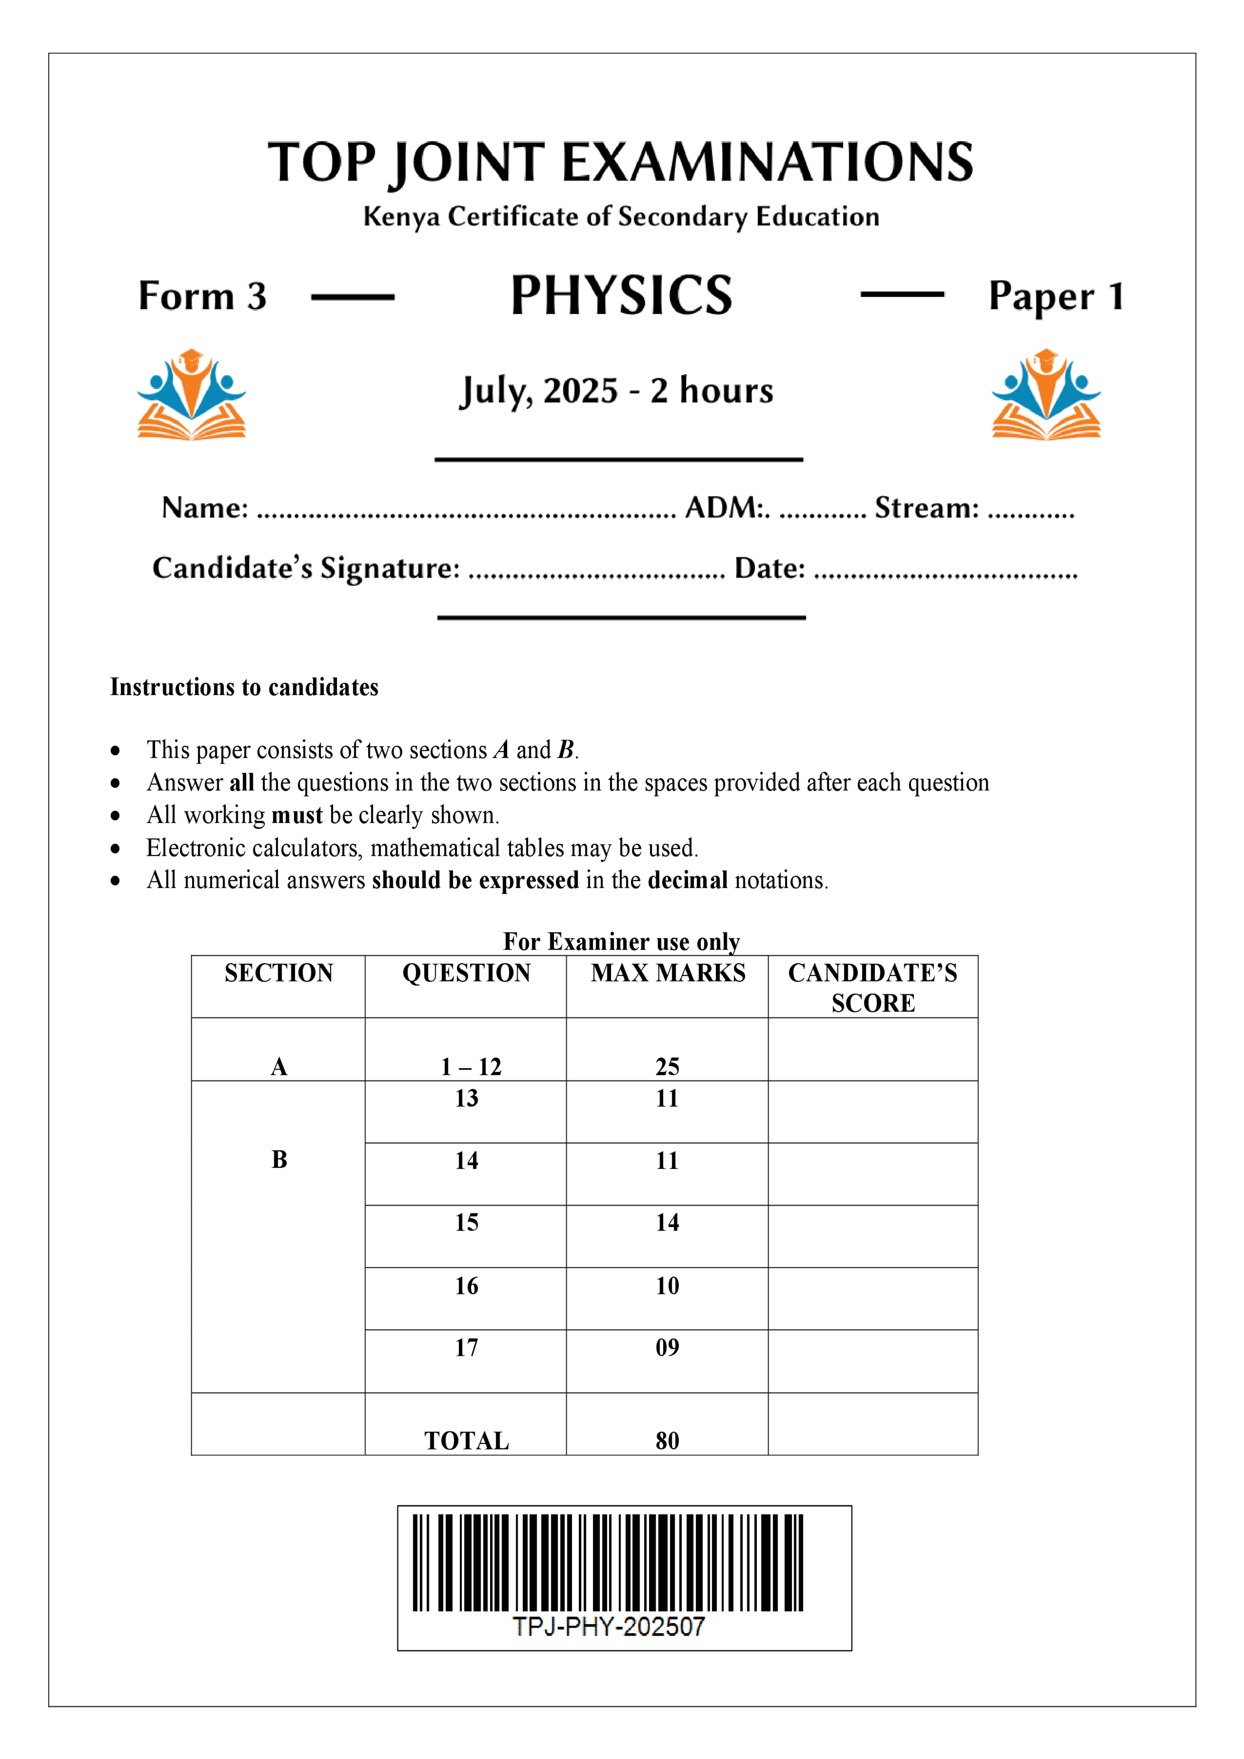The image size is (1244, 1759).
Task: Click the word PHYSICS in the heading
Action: (621, 296)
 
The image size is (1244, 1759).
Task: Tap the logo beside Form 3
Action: (192, 395)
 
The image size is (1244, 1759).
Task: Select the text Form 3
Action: (202, 296)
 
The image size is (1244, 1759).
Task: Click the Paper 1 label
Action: (1055, 296)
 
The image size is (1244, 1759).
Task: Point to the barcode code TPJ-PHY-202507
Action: (608, 1627)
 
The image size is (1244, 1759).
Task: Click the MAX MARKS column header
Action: (668, 973)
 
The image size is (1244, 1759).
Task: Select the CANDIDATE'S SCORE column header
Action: (872, 987)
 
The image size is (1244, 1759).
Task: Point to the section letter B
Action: (279, 1160)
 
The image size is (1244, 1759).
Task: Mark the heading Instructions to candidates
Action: (244, 687)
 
